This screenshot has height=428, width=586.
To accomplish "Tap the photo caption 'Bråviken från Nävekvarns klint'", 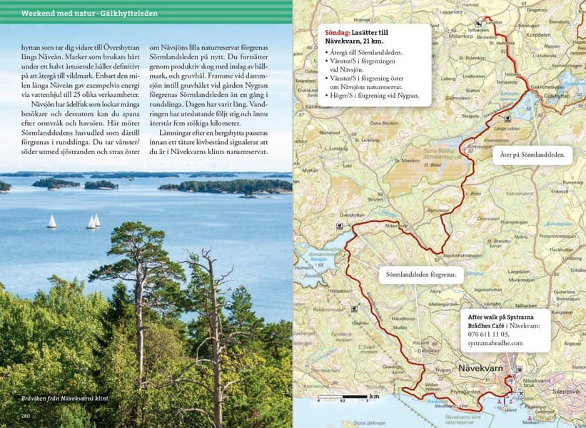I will click(x=65, y=399).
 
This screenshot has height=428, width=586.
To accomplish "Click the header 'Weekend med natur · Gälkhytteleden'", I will click(x=90, y=13).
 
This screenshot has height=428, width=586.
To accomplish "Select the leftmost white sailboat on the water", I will click(x=51, y=222).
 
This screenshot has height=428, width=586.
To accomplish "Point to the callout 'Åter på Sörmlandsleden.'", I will click(x=534, y=154).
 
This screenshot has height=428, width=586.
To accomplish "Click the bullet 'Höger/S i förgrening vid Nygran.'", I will click(x=373, y=96).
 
